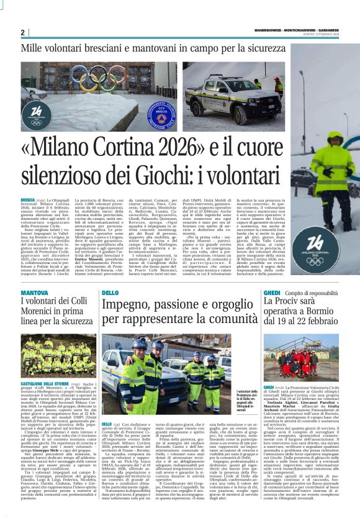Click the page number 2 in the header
coord(22,32)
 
